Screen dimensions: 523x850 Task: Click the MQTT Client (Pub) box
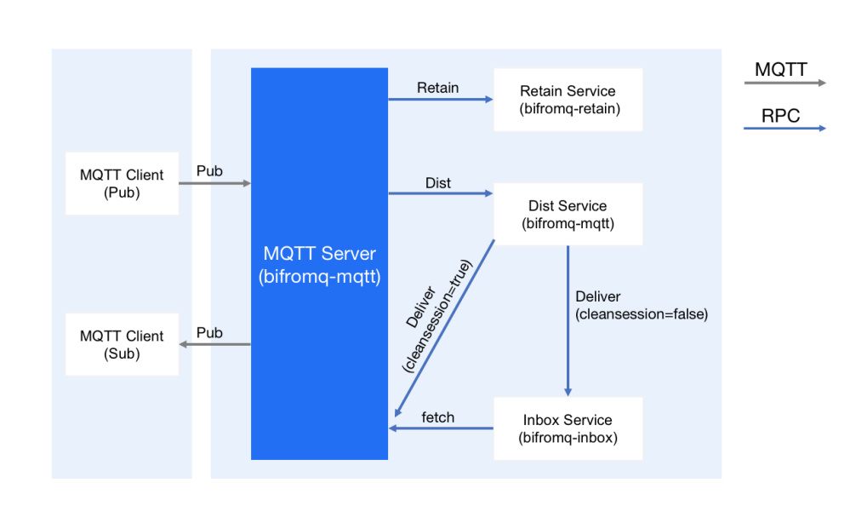[122, 183]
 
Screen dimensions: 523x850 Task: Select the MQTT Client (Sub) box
[122, 344]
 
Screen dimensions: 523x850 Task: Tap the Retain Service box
[568, 100]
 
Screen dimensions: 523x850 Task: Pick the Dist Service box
[568, 215]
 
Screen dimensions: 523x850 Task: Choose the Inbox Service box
[568, 428]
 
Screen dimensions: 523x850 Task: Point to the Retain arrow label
[438, 88]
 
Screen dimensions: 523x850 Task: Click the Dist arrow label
[438, 183]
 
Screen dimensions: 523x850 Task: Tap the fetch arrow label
[438, 417]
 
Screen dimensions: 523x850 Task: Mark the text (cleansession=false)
[642, 314]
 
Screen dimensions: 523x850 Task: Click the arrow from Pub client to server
[214, 183]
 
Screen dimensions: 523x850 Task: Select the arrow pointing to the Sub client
[214, 344]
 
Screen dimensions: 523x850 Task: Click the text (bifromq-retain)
[568, 109]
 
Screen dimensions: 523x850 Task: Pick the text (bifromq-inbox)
[568, 438]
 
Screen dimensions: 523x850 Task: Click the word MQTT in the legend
[781, 70]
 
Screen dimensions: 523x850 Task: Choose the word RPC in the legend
[781, 116]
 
